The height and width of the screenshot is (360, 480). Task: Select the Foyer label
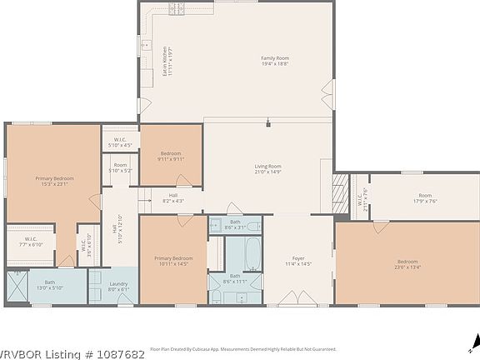click(x=298, y=261)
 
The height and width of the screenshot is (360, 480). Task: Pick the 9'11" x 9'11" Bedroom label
click(x=170, y=156)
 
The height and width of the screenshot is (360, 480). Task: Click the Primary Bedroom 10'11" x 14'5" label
click(x=173, y=262)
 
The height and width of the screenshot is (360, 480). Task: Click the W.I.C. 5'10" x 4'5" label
click(x=119, y=142)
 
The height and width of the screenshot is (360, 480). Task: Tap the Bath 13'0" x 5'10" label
click(x=50, y=285)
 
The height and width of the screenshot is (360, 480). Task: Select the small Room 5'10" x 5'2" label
click(x=120, y=167)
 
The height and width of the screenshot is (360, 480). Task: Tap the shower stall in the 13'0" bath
click(x=17, y=285)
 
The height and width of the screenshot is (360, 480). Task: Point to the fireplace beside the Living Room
click(x=340, y=191)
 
